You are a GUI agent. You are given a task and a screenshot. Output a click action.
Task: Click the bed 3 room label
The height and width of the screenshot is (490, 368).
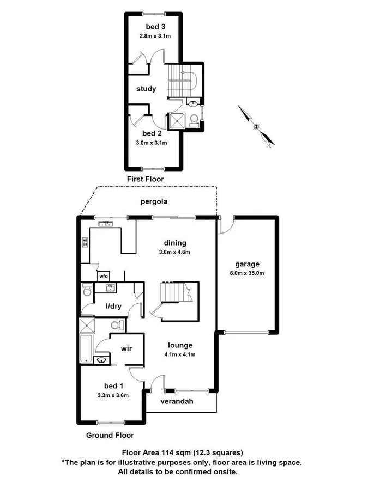tap(153, 27)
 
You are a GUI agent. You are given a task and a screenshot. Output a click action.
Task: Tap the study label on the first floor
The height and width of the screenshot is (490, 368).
tap(146, 89)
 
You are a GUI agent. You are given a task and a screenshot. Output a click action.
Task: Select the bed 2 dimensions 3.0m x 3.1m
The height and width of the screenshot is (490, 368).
tap(152, 143)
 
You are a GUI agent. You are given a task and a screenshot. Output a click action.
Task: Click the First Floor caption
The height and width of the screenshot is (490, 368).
tap(145, 179)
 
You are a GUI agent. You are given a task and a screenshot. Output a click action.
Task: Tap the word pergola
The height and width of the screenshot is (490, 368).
tap(154, 201)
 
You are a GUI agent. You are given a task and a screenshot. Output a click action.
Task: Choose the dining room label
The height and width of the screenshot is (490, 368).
tap(175, 243)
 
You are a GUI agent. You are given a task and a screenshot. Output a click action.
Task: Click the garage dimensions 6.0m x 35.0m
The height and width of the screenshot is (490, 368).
tap(248, 273)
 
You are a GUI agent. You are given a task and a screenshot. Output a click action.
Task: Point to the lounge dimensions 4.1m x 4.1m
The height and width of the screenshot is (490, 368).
tap(180, 354)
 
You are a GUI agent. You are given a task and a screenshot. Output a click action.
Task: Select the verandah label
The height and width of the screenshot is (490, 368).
tap(177, 402)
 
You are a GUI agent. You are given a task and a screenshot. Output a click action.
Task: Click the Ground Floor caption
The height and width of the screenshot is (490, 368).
tap(110, 435)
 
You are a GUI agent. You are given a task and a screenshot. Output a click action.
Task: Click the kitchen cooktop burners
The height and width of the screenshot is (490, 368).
tap(85, 242)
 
